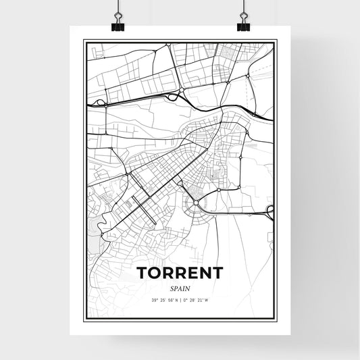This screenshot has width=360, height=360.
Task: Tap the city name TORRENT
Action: coord(180,274)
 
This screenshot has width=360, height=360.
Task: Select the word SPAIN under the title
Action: coord(180,288)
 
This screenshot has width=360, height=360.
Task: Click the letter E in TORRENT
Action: coord(192,274)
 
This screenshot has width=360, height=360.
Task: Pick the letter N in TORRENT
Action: coord(206,274)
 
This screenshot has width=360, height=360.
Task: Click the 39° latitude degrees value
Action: coord(155,299)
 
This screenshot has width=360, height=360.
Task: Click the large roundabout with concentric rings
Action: coord(196,201)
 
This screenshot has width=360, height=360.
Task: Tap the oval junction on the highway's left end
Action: coord(101,103)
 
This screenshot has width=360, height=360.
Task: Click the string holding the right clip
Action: coord(243,8)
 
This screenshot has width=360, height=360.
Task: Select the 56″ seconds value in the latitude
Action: coord(169,299)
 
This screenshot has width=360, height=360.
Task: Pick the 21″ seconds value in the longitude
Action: coord(200,299)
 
